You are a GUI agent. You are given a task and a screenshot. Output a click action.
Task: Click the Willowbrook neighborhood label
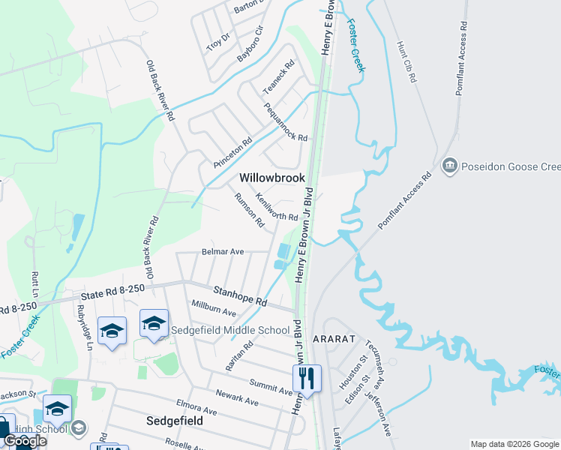point(272,178)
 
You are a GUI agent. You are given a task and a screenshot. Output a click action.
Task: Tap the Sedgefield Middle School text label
point(230,330)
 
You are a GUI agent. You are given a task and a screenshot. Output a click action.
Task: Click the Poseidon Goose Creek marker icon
point(450,165)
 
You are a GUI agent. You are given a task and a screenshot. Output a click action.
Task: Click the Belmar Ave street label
point(223,252)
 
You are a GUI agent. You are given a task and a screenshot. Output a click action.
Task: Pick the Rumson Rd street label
point(250,209)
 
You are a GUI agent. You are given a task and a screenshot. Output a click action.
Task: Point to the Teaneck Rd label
point(278,77)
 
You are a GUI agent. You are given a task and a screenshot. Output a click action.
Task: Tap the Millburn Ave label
point(214,307)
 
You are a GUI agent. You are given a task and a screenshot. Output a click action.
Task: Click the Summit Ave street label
point(271,387)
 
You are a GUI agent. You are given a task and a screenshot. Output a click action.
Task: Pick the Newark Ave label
point(236,397)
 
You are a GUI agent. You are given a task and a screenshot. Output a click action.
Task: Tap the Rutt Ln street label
point(34,286)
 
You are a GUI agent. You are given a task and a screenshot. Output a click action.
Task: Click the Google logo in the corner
point(25,441)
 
